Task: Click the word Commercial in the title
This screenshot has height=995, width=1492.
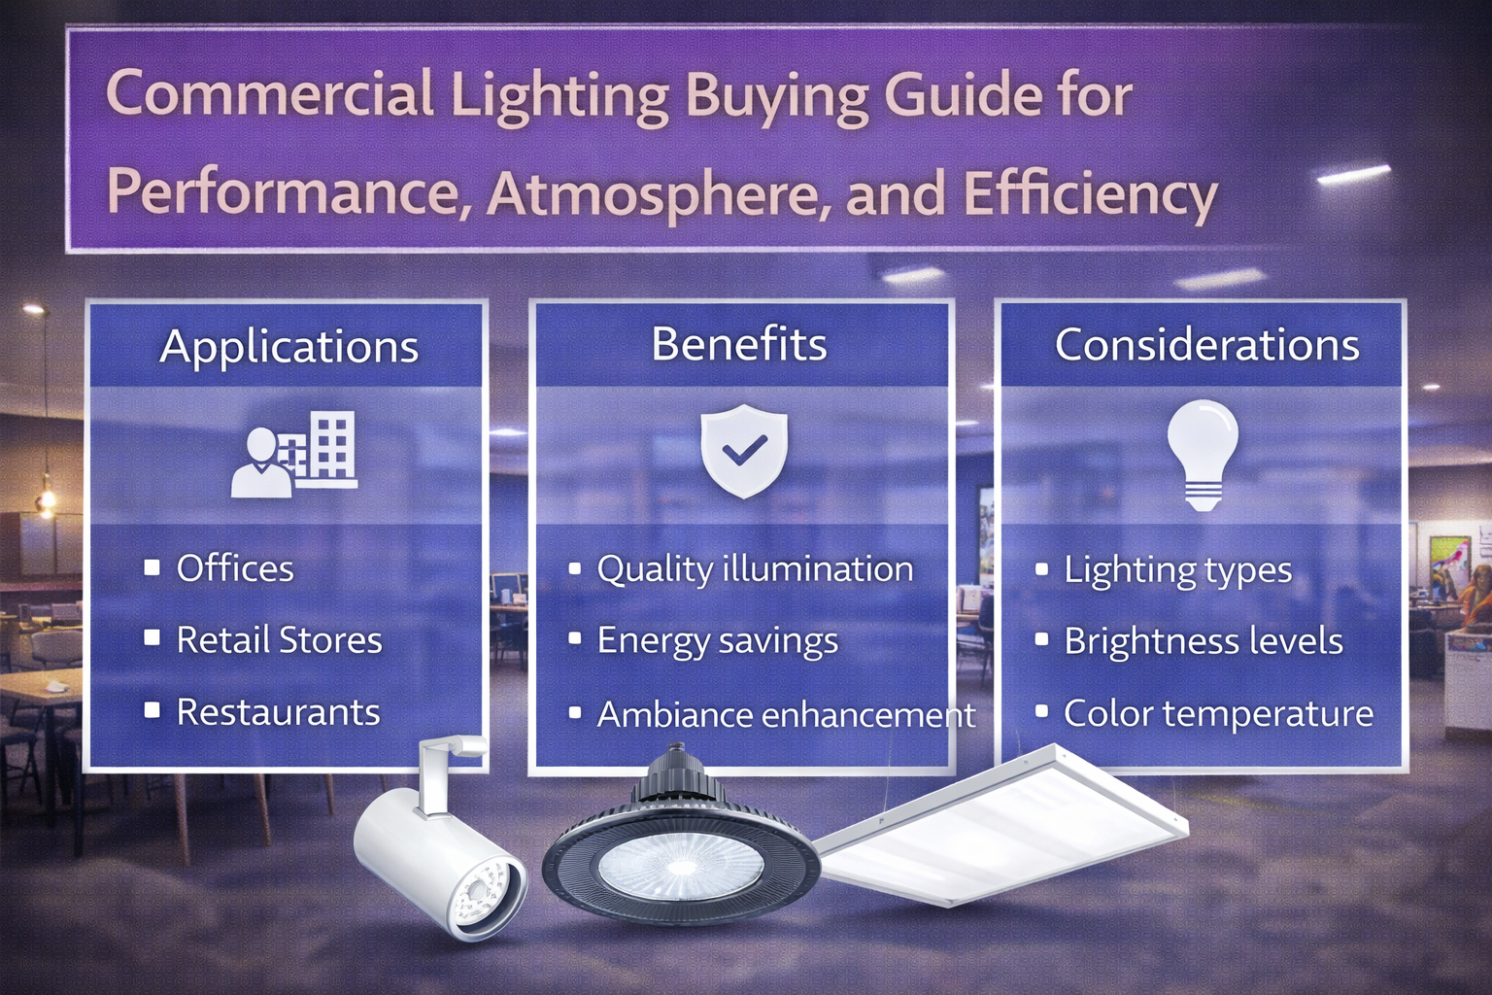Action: tap(269, 95)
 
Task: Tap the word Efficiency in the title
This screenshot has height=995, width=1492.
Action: tap(1090, 192)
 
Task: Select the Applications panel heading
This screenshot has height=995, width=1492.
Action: tap(289, 347)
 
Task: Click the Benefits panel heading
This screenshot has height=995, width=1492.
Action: tap(739, 344)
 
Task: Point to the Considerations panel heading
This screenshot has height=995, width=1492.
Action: tap(1206, 345)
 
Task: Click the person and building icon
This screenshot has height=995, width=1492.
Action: tap(294, 454)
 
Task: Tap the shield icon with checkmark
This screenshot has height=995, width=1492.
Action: tap(744, 451)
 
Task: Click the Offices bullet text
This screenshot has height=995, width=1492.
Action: tap(235, 568)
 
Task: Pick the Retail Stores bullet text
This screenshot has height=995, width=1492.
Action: tap(279, 640)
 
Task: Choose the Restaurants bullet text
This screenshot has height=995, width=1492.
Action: tap(278, 712)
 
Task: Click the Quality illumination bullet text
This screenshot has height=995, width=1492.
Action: tap(755, 569)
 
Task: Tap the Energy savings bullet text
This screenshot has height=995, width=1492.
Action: tap(717, 641)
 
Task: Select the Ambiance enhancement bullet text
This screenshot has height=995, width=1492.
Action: tap(786, 714)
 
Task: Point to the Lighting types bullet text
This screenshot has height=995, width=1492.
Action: tap(1177, 570)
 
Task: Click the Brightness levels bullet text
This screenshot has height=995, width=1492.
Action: tap(1203, 641)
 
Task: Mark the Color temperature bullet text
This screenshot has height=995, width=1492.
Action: tap(1218, 713)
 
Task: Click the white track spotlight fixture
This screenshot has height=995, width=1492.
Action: tap(437, 850)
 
